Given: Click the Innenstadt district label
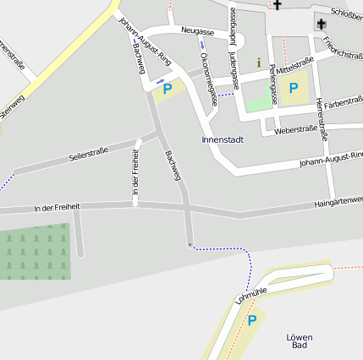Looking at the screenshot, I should tap(223, 139).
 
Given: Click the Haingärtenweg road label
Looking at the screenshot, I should tap(338, 201).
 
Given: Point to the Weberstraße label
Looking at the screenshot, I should tap(296, 129).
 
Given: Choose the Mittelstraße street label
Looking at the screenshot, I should tap(296, 63).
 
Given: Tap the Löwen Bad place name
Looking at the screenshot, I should tap(300, 341).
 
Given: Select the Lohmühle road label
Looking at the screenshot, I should tap(251, 293).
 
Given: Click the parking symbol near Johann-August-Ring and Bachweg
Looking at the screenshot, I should tap(167, 88).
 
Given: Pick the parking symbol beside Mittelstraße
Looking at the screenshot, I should tap(294, 88).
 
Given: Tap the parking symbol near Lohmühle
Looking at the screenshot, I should tap(250, 320).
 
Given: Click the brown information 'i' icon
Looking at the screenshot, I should tap(259, 63).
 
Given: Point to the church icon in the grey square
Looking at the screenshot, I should tap(322, 24).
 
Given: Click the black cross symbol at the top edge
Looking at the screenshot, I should tap(277, 5).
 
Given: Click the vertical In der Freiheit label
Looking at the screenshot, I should tap(135, 176).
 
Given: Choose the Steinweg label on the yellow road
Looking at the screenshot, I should tap(12, 109).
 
